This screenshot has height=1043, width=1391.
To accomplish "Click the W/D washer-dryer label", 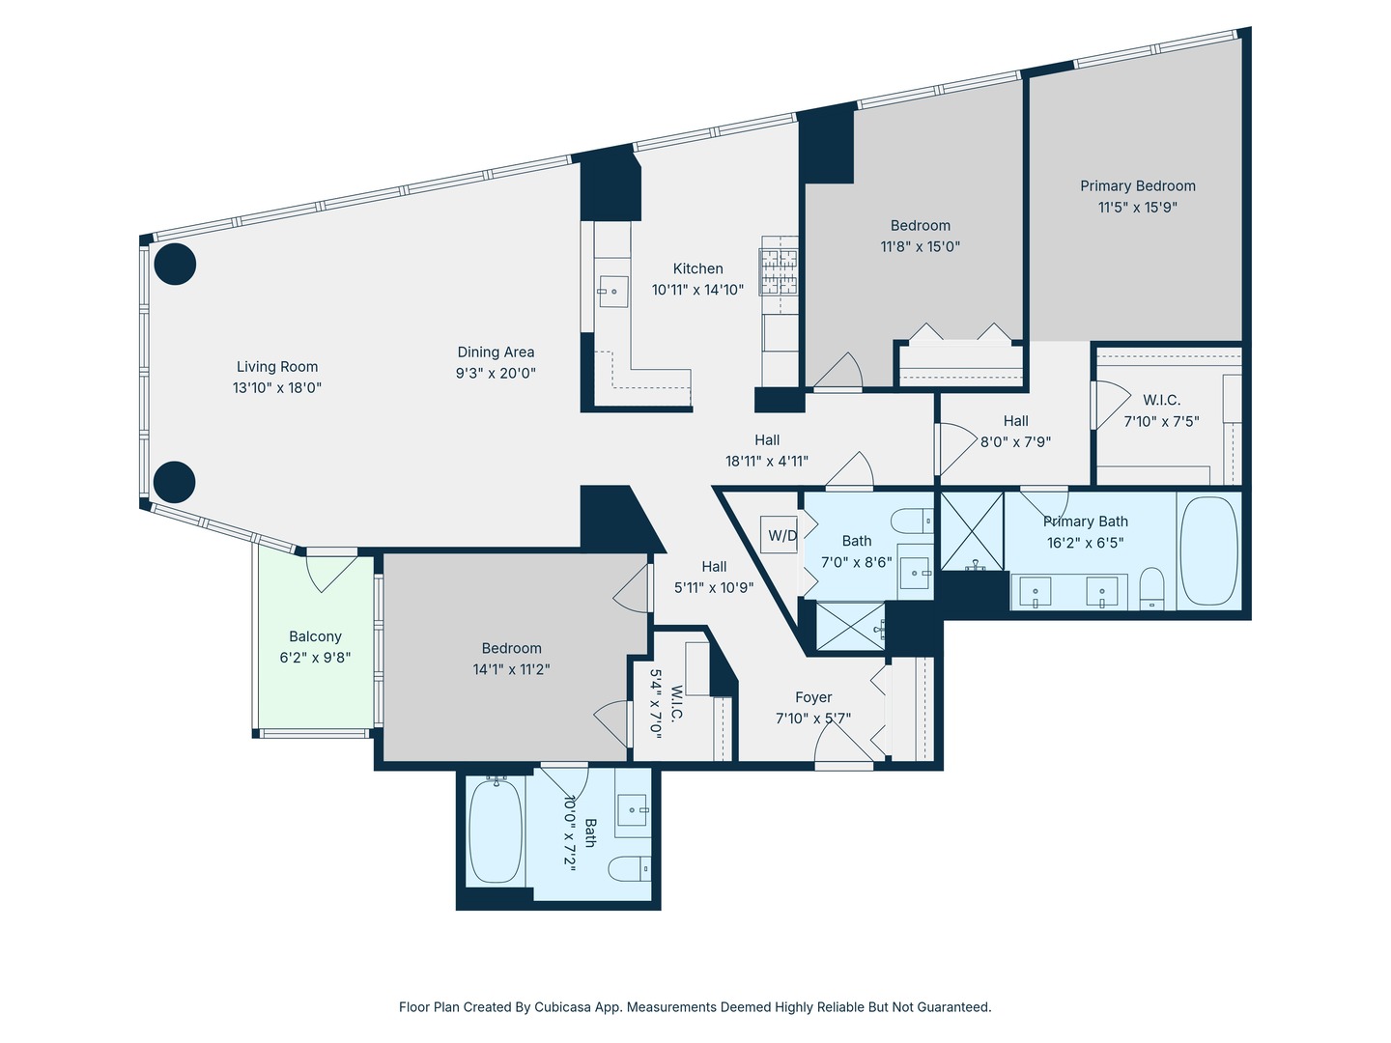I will tap(782, 536).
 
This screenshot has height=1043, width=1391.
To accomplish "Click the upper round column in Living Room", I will tap(176, 264).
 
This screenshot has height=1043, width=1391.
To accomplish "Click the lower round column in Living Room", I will tap(175, 481).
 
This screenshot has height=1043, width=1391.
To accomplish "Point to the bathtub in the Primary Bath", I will tap(1208, 551).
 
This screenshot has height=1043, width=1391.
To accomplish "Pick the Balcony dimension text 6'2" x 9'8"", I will tap(315, 658).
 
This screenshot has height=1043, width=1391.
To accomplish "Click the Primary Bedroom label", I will tap(1138, 185).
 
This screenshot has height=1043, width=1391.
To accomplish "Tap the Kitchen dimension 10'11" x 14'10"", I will tap(697, 290).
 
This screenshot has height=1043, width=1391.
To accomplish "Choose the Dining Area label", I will tap(496, 352).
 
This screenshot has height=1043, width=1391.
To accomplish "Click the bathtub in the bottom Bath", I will tap(496, 832).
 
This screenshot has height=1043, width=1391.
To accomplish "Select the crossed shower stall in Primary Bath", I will tap(972, 532).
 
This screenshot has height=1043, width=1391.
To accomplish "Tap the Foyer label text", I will tap(813, 697).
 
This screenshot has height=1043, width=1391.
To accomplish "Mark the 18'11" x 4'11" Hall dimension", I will tap(767, 462).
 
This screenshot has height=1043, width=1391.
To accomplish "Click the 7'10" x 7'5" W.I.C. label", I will tap(1161, 421).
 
